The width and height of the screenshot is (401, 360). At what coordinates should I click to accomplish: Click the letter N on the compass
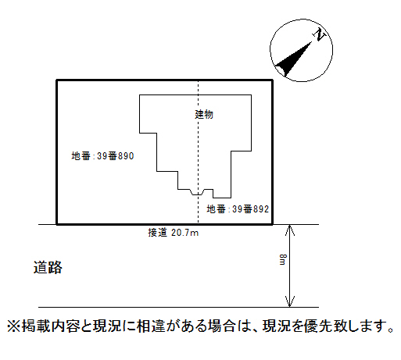(x=319, y=34)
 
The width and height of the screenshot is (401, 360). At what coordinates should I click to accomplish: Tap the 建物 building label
(x=204, y=114)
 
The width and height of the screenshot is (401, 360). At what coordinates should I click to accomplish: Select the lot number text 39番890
(x=116, y=156)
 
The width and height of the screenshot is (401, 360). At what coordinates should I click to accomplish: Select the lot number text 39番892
(x=250, y=209)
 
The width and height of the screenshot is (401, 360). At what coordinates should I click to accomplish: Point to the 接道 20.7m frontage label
(x=174, y=233)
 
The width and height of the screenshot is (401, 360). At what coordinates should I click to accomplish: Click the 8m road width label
(x=283, y=259)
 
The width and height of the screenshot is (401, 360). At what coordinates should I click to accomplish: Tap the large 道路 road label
(x=48, y=267)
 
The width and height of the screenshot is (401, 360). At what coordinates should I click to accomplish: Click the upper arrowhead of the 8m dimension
(x=290, y=230)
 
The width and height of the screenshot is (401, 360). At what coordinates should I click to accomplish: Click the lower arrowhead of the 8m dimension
(x=290, y=301)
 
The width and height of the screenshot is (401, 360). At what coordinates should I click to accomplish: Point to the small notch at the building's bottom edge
(x=198, y=192)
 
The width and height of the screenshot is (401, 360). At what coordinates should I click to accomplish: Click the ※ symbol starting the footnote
(x=13, y=326)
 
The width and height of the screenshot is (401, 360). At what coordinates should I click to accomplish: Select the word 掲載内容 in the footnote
(x=50, y=326)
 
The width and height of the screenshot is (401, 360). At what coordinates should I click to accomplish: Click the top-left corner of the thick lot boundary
(x=57, y=80)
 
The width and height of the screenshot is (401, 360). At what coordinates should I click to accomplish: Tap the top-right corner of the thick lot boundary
(x=272, y=80)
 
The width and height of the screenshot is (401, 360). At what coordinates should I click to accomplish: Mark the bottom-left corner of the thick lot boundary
(x=57, y=224)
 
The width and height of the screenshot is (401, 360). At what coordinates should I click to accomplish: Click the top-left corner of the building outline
(x=140, y=95)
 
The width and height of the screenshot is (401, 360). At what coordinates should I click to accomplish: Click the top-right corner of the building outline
(x=251, y=95)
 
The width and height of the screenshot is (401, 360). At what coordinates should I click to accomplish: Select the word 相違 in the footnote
(x=151, y=326)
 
